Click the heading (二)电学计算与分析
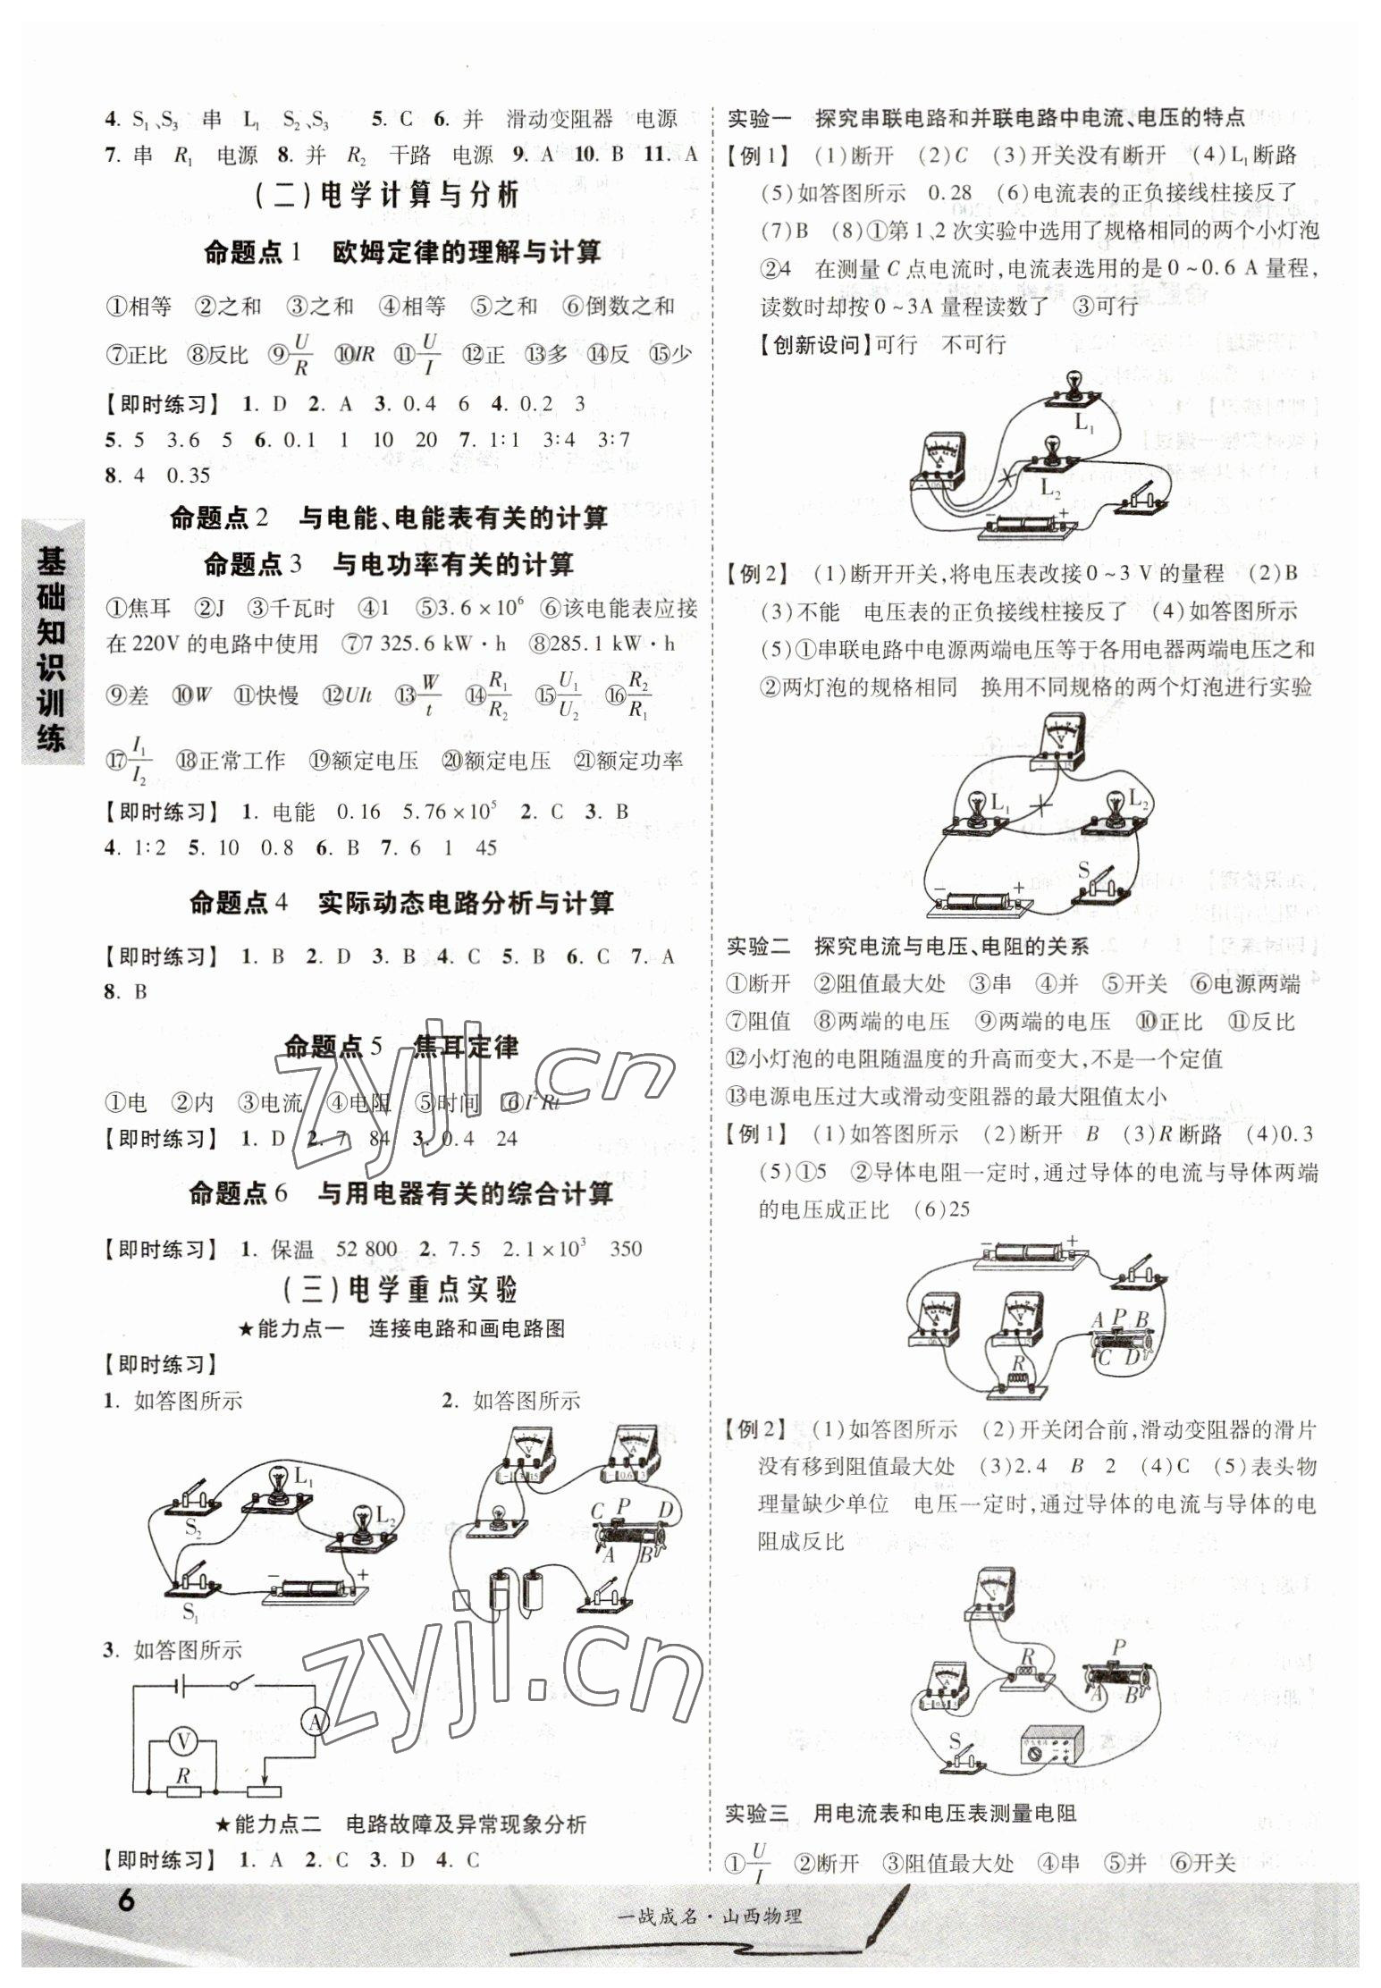click(x=387, y=196)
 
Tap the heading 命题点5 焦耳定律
click(x=401, y=1047)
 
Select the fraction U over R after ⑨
click(x=301, y=354)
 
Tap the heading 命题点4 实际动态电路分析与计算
click(x=401, y=903)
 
